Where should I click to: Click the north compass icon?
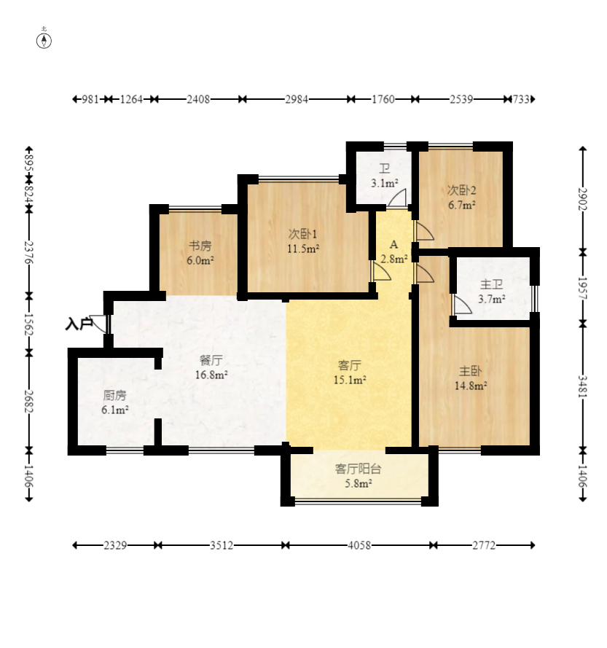44,39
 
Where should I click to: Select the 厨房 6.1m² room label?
115,402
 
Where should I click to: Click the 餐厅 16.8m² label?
211,367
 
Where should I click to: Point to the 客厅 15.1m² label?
350,372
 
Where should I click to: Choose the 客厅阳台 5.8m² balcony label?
358,475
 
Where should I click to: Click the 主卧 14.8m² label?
470,378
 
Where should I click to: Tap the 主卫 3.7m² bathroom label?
492,291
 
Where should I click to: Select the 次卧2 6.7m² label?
461,198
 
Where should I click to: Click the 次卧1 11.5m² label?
302,241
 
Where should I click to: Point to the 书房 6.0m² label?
200,252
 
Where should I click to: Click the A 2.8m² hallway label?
393,251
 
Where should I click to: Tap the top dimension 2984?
295,99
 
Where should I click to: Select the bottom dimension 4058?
358,545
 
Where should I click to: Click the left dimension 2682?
29,402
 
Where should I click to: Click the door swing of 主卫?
461,305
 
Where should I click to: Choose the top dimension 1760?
382,99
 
